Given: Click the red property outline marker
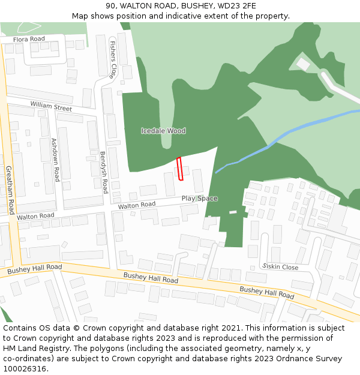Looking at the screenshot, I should tap(179, 169).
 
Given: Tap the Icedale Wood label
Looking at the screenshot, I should tap(163, 131).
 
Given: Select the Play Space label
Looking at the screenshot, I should tap(199, 199).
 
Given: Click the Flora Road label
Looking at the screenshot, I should tap(29, 39).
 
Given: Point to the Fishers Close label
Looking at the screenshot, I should tap(112, 59).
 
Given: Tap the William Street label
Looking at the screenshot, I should tap(51, 107).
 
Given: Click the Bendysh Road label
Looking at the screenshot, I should tap(104, 172).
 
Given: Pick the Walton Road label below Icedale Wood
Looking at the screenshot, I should tap(137, 205).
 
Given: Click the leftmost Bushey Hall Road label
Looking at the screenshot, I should tap(35, 270).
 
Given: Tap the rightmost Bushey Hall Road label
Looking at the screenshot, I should tap(267, 293).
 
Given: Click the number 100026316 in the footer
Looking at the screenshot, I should tap(24, 368).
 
